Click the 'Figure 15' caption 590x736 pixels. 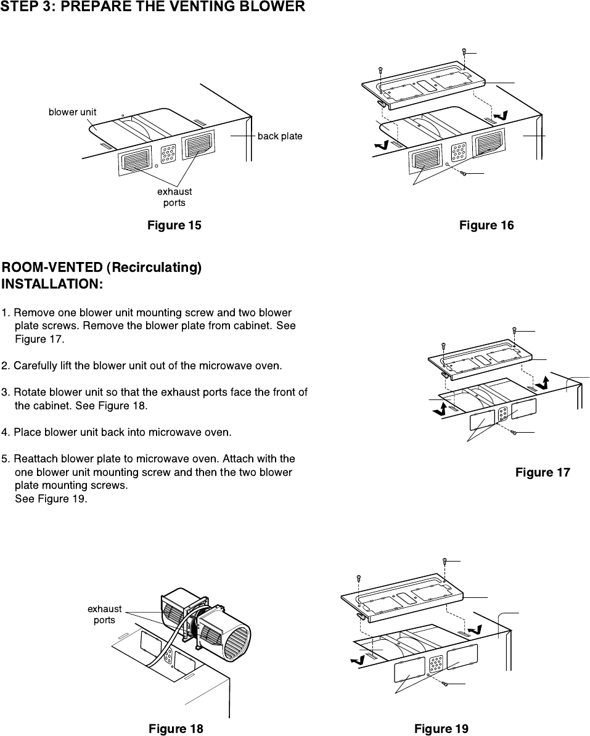coord(174,226)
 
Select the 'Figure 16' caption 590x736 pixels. coord(486,226)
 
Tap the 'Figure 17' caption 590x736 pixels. coord(543,473)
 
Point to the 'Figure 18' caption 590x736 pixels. coord(176,729)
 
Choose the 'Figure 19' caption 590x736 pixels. coord(441,729)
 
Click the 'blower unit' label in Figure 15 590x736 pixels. coord(72,112)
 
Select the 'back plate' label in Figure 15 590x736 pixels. coord(280,136)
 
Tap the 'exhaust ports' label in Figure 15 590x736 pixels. coord(174,197)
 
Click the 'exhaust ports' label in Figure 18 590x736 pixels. coord(104,615)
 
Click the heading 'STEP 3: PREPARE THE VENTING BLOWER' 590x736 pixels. coord(153,7)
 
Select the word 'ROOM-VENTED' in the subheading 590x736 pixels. coord(52,268)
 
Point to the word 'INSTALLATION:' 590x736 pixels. coord(52,285)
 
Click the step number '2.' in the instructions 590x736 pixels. coord(6,366)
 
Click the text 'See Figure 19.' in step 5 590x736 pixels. coord(51,499)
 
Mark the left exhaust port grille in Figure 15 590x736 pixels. coord(136,162)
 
